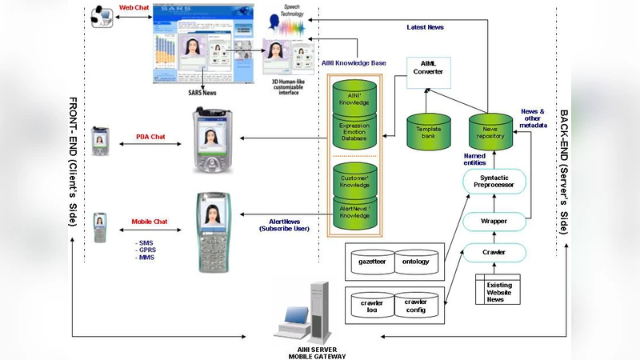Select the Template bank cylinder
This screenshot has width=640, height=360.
tap(429, 132)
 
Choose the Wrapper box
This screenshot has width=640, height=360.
tap(494, 220)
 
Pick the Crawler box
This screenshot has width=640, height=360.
tap(494, 253)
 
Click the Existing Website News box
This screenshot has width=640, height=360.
tap(500, 290)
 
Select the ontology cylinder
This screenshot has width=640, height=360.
tap(415, 261)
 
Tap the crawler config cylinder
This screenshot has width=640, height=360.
tap(415, 306)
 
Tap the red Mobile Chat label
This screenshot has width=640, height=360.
tap(149, 222)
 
